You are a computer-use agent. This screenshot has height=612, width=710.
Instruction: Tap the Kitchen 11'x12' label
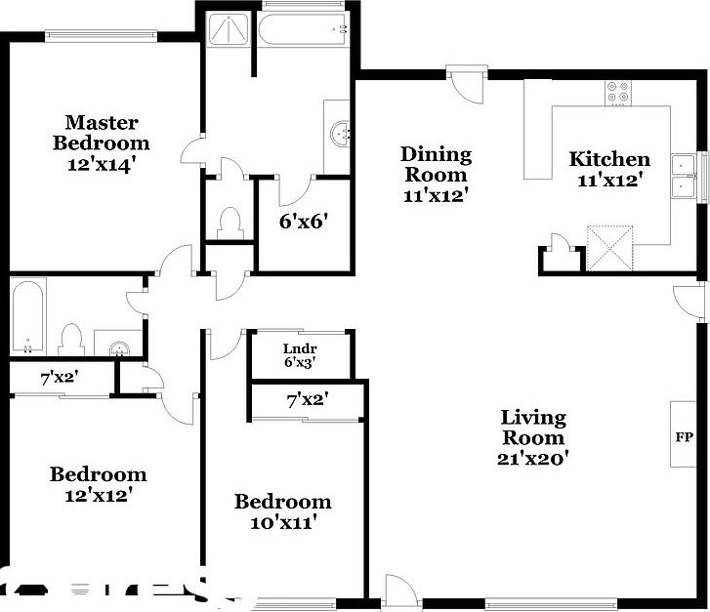tap(609, 169)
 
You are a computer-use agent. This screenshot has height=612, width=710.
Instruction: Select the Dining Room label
tap(436, 174)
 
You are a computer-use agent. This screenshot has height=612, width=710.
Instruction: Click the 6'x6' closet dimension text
tap(302, 222)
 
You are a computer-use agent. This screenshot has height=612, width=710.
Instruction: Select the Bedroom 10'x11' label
tap(282, 511)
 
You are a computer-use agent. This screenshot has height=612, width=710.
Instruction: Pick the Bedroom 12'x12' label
tap(98, 484)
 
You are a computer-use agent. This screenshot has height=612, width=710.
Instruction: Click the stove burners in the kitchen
tap(618, 93)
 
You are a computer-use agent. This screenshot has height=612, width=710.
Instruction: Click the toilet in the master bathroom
tap(230, 222)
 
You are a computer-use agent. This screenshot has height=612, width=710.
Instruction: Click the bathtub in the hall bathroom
tap(27, 316)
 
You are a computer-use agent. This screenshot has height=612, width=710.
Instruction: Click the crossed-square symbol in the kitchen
tap(608, 246)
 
